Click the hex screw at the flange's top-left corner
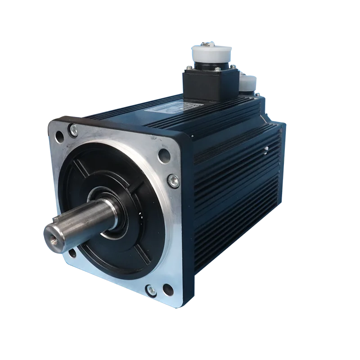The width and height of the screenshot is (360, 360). tap(72, 130)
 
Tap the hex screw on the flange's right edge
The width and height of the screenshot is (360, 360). tap(172, 180)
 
